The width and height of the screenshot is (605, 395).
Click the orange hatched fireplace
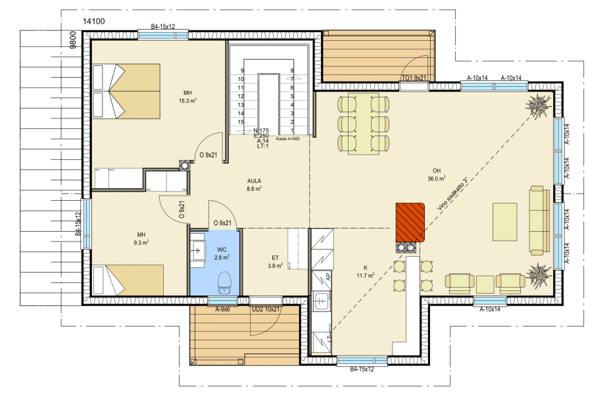pyautogui.click(x=410, y=222)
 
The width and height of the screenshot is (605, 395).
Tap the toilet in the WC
pyautogui.click(x=224, y=282)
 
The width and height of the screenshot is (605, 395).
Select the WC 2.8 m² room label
pyautogui.click(x=222, y=253)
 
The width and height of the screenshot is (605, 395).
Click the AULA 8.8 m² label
pyautogui.click(x=254, y=185)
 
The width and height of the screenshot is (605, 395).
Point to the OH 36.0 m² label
pyautogui.click(x=437, y=174)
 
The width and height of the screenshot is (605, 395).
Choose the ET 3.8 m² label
pyautogui.click(x=275, y=262)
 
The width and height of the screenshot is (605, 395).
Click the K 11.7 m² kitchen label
pyautogui.click(x=366, y=271)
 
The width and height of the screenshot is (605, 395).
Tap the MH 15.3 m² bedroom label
pyautogui.click(x=188, y=97)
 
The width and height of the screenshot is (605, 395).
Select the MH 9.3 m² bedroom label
pyautogui.click(x=141, y=238)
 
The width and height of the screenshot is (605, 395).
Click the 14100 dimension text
pyautogui.click(x=94, y=21)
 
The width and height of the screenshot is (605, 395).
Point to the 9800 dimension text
pyautogui.click(x=73, y=39)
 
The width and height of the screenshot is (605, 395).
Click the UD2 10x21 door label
pyautogui.click(x=266, y=309)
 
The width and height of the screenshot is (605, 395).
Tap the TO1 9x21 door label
pyautogui.click(x=414, y=78)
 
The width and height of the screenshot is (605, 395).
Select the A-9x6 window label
pyautogui.click(x=223, y=309)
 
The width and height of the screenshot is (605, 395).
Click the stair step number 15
pyautogui.click(x=241, y=122)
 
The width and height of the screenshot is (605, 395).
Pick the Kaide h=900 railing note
pyautogui.click(x=288, y=139)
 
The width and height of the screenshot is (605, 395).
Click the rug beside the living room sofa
pyautogui.click(x=504, y=222)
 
